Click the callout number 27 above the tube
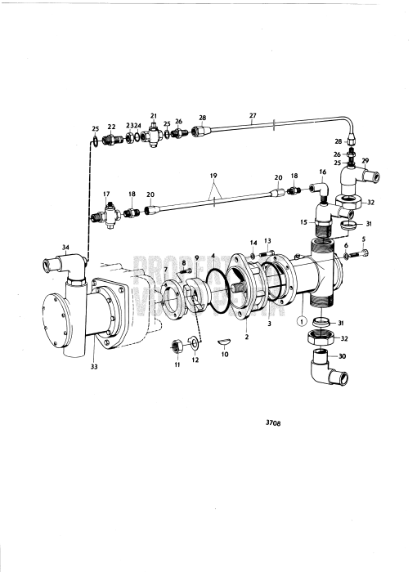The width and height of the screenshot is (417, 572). pos(253,116)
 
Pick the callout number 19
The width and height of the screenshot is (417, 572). pos(213,175)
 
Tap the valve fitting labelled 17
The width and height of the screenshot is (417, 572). pos(106,218)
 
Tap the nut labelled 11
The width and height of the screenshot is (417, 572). pos(175,347)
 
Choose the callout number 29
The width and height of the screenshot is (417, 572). pos(365,161)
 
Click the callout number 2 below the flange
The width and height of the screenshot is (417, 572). pos(247,335)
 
